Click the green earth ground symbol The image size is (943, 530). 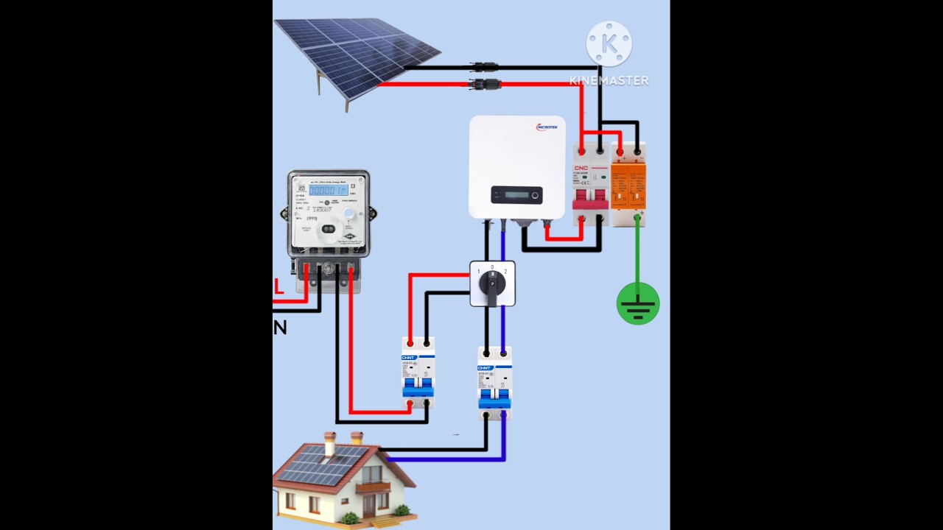(638, 304)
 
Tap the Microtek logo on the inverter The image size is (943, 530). (547, 127)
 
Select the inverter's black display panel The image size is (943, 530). (516, 195)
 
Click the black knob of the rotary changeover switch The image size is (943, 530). (492, 283)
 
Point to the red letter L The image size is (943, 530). (278, 287)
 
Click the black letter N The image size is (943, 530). (280, 328)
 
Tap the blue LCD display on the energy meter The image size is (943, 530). (328, 190)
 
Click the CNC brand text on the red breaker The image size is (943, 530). (581, 168)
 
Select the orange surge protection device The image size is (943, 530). (628, 184)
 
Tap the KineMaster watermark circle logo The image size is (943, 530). (609, 44)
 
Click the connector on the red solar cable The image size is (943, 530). (485, 85)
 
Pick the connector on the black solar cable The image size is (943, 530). (485, 67)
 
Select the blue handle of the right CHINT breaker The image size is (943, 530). (494, 397)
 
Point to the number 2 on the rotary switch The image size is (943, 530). (505, 272)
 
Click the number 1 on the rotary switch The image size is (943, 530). (478, 272)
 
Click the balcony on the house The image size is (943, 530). (373, 486)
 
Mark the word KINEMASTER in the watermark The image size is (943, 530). (609, 81)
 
